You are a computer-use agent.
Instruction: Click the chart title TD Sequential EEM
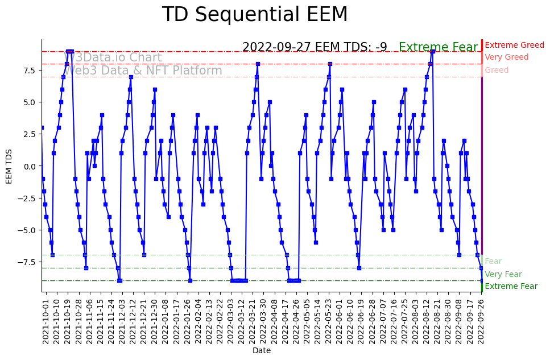point(254,15)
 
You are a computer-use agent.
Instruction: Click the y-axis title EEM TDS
point(9,166)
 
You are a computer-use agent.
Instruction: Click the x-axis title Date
point(262,351)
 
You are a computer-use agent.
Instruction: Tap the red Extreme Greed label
point(514,45)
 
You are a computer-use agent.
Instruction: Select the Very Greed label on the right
point(506,57)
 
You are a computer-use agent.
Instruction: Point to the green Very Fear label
point(503,274)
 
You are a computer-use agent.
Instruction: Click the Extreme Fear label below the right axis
point(511,287)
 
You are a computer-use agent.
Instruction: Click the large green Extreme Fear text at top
point(438,48)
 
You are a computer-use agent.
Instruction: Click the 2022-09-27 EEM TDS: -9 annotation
point(315,47)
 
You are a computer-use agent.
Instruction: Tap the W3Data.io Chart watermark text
point(114,57)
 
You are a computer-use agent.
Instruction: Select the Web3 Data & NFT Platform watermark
point(143,71)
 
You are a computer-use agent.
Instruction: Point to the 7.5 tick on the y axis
point(30,71)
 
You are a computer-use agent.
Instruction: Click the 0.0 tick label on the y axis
point(30,166)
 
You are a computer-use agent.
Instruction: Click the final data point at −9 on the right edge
point(482,280)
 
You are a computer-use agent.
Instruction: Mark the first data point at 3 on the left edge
point(42,128)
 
